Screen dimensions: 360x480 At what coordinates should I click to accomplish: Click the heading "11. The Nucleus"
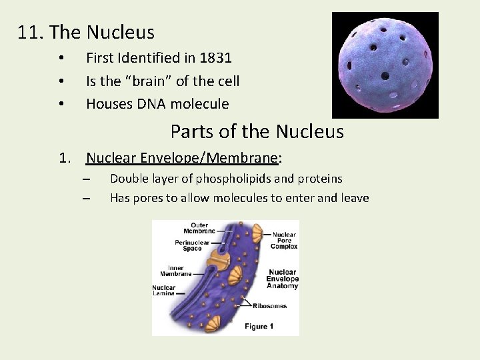click(x=86, y=32)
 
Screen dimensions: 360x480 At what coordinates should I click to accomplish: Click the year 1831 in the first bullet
click(x=215, y=59)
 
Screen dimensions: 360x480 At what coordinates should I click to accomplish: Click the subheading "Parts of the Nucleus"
click(x=257, y=131)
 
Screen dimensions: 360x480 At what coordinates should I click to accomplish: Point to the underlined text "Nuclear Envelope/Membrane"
click(x=181, y=158)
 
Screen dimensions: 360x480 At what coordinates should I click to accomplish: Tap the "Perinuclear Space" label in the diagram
click(x=193, y=245)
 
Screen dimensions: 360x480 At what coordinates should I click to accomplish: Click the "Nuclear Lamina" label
click(x=163, y=290)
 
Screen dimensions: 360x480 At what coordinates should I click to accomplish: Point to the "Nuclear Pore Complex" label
click(x=284, y=240)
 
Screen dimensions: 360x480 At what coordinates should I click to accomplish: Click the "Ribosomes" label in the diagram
click(x=270, y=306)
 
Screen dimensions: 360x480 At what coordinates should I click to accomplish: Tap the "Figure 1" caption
click(x=259, y=326)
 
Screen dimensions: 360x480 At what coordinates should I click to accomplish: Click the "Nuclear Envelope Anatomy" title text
click(x=282, y=279)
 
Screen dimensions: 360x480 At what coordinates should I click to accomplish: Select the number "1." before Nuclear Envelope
click(x=65, y=158)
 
